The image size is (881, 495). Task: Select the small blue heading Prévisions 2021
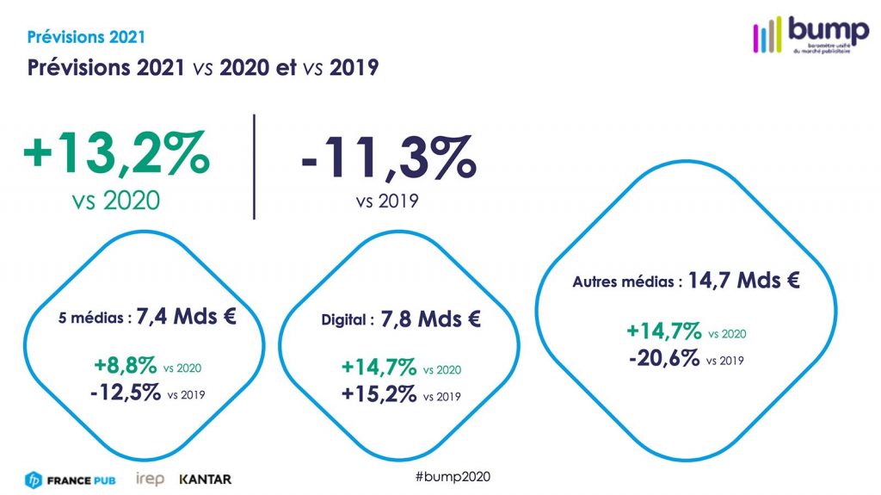click(x=86, y=37)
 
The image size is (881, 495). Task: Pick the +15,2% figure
click(x=379, y=395)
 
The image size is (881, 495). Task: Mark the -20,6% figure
click(x=662, y=358)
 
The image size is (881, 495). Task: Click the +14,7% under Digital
click(x=379, y=368)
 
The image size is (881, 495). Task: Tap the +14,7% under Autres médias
click(x=663, y=331)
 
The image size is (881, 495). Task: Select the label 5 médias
click(x=95, y=318)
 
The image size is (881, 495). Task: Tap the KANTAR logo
click(x=205, y=479)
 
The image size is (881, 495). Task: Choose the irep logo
click(x=151, y=479)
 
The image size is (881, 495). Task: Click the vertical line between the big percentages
click(x=255, y=165)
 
